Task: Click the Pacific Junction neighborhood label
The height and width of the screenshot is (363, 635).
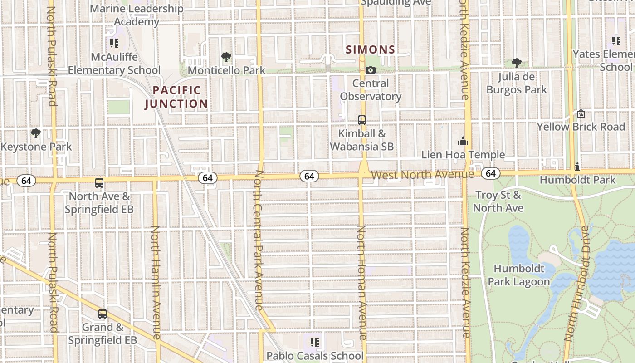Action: [x=176, y=97]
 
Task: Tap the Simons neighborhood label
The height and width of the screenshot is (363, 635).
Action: [x=371, y=49]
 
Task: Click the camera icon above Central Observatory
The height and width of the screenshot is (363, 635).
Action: [x=371, y=70]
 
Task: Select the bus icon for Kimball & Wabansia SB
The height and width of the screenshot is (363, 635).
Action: [x=362, y=120]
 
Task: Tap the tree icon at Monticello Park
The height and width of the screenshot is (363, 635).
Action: [x=226, y=57]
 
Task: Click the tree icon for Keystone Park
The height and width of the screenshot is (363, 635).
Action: [x=35, y=133]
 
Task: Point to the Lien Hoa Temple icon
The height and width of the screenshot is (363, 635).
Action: [x=463, y=142]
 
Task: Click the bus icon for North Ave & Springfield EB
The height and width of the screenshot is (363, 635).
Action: [x=99, y=183]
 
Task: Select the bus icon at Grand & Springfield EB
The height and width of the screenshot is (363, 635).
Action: [x=103, y=314]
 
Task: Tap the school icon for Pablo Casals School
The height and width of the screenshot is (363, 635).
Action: [x=315, y=343]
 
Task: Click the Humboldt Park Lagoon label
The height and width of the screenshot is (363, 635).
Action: [x=518, y=275]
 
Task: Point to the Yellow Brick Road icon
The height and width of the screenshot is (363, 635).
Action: [x=581, y=113]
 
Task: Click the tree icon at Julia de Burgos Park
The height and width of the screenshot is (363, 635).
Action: [x=516, y=63]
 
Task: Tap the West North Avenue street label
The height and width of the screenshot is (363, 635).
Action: [x=422, y=175]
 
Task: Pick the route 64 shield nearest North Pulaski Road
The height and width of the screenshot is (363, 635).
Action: [x=26, y=181]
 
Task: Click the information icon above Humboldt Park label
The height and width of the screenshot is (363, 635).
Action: [x=577, y=167]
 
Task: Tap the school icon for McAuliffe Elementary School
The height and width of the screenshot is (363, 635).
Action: [x=114, y=44]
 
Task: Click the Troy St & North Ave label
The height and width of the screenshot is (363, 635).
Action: [x=498, y=201]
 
